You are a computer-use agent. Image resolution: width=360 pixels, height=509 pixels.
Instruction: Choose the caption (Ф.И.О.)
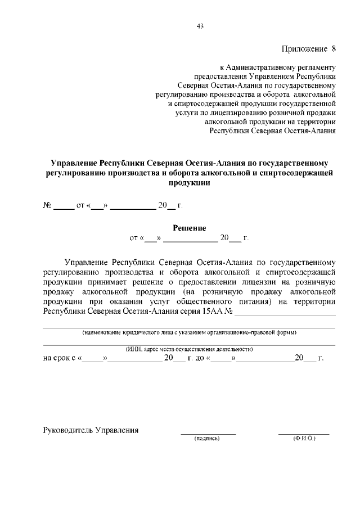click(x=304, y=438)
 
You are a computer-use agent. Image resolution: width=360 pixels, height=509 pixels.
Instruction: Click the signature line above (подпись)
click(x=208, y=434)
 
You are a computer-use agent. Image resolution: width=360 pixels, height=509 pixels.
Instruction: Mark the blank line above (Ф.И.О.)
click(x=304, y=434)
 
